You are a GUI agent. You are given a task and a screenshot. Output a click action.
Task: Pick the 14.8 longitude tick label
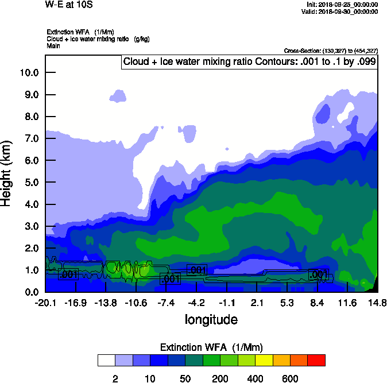coord(377,303)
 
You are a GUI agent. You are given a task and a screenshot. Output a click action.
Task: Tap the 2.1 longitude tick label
coord(257,303)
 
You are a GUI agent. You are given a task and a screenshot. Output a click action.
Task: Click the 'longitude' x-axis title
coord(211,319)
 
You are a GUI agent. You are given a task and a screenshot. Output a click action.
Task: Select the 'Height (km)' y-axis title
coord(7,173)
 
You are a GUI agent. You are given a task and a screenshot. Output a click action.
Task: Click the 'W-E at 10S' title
coord(68,5)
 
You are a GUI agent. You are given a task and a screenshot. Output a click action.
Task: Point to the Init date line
coord(342,4)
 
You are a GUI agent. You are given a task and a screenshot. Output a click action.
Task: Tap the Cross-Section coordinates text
coord(331,51)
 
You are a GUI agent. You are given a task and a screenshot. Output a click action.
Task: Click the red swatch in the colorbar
coord(316,361)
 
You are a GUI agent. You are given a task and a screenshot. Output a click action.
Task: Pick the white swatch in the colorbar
coord(106,361)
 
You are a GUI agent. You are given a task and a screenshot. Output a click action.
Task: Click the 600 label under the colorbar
coord(291,378)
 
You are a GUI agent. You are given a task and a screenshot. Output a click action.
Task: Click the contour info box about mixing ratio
coord(250,61)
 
